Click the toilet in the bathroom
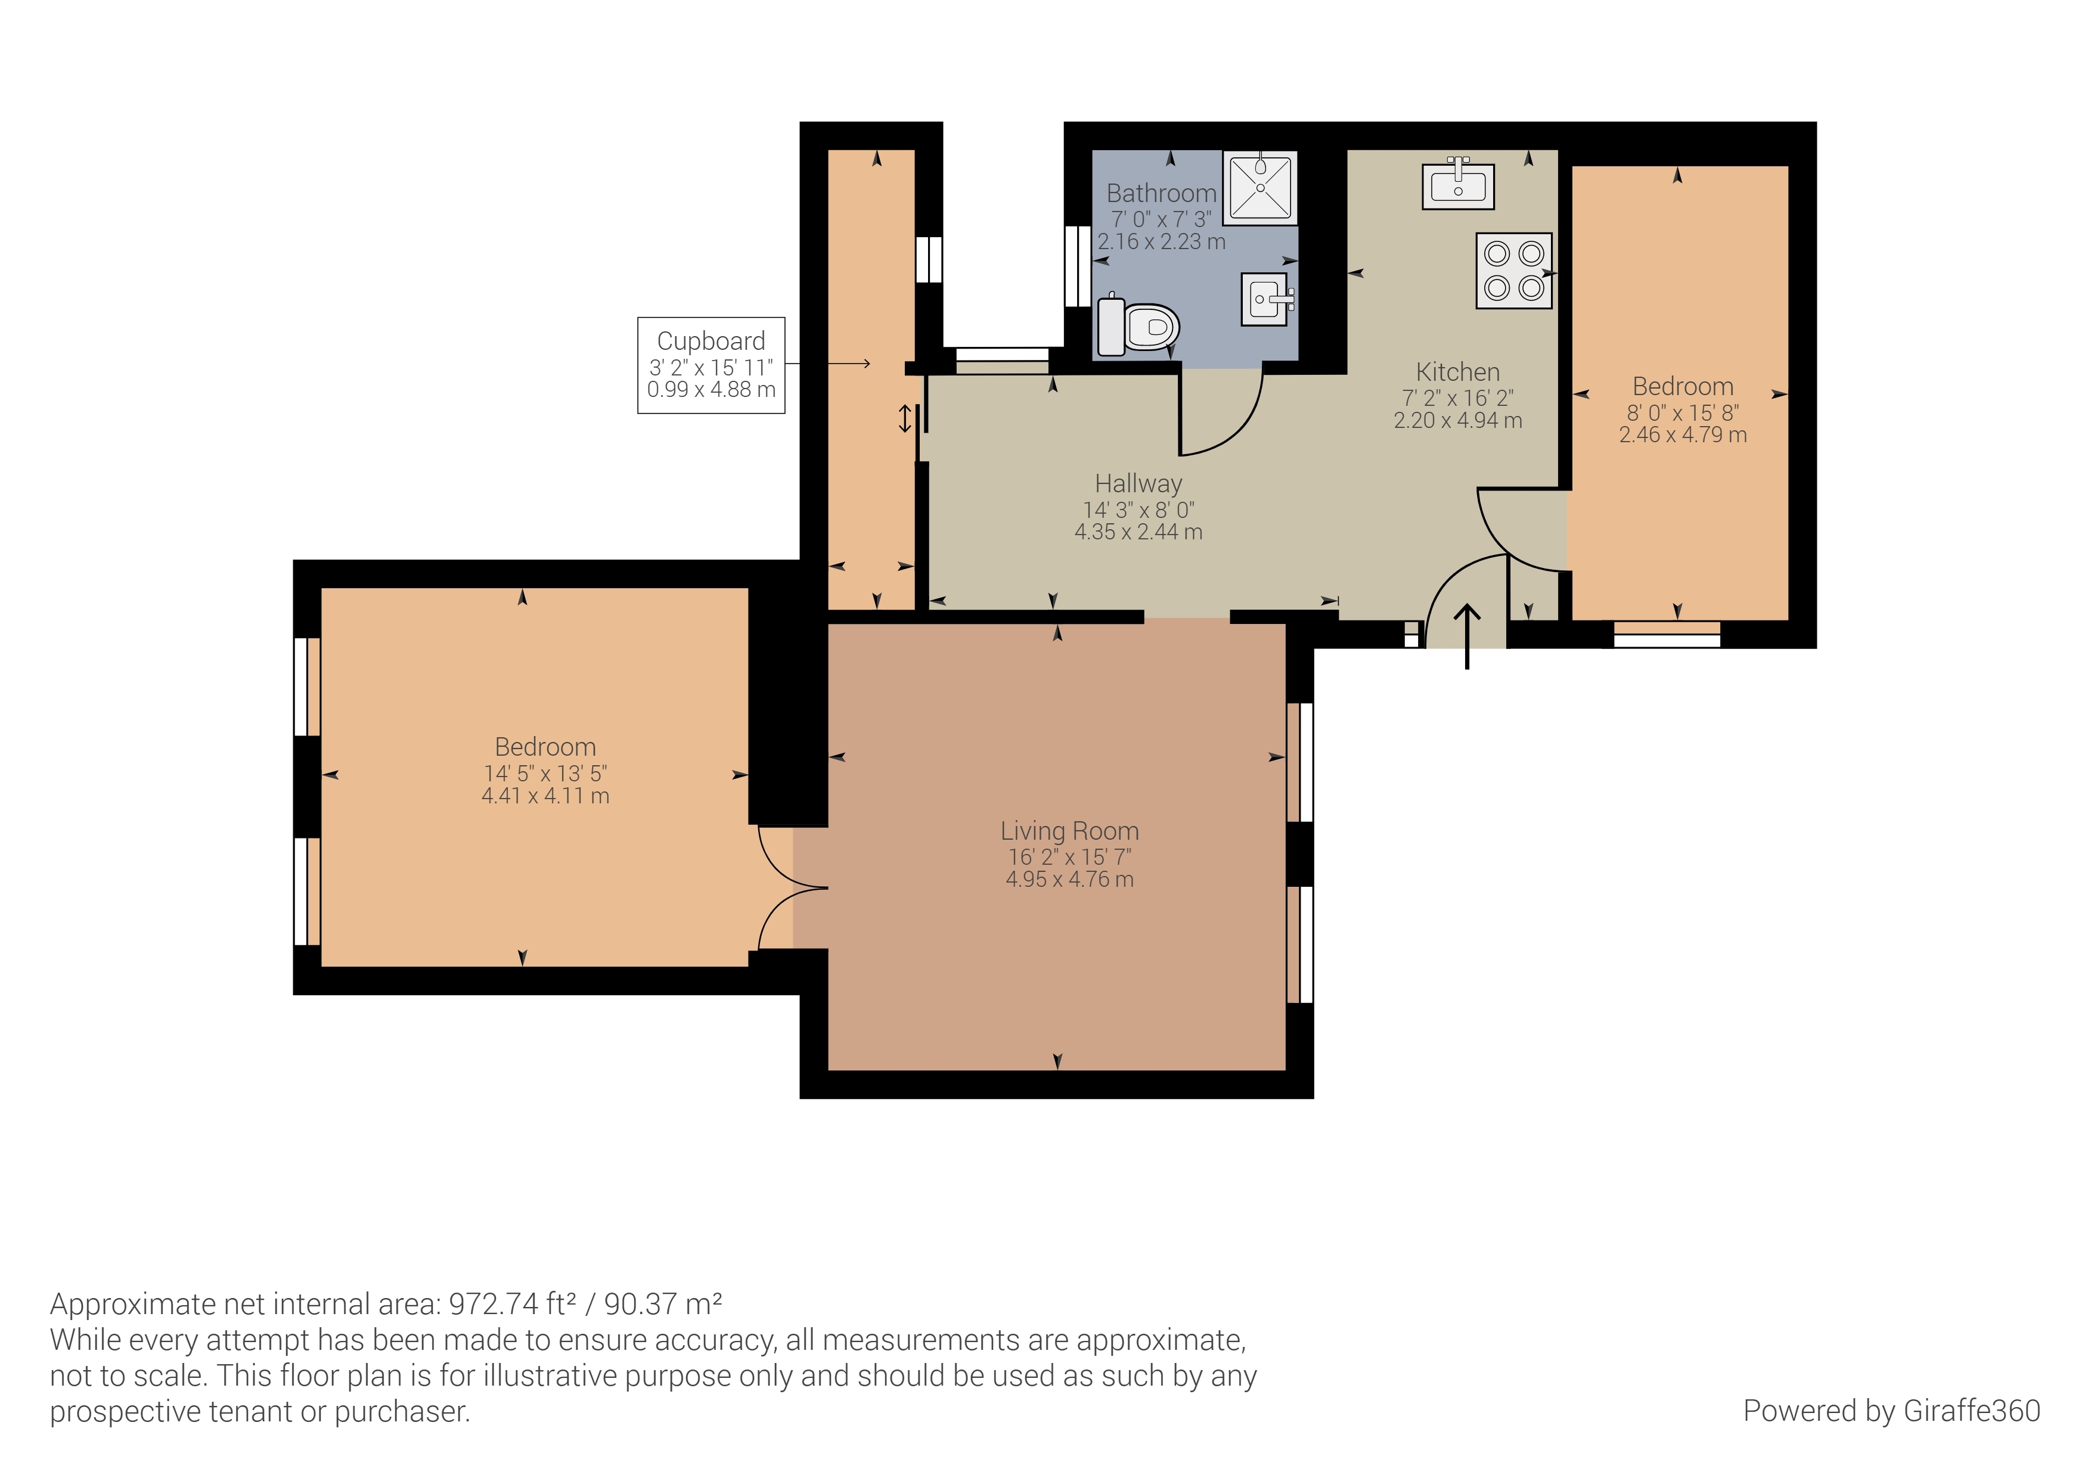click(1138, 325)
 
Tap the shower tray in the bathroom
click(1261, 188)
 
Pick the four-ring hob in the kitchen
click(1513, 271)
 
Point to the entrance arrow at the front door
click(1467, 636)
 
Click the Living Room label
click(1069, 831)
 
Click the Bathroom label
click(1161, 193)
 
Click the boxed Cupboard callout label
click(711, 365)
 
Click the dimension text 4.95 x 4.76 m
click(1070, 880)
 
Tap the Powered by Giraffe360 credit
click(1891, 1411)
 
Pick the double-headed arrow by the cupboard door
click(904, 419)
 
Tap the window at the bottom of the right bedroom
click(1667, 635)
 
